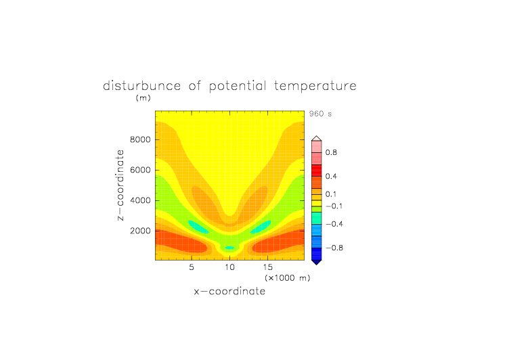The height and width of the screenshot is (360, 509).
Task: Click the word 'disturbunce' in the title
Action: pyautogui.click(x=142, y=86)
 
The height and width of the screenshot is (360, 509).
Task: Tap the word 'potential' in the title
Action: pyautogui.click(x=238, y=87)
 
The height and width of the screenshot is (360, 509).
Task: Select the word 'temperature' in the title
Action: pyautogui.click(x=315, y=87)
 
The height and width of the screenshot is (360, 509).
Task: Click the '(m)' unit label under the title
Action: pyautogui.click(x=143, y=97)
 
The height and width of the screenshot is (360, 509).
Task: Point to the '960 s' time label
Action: pyautogui.click(x=320, y=114)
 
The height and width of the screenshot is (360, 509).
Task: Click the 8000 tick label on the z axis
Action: pyautogui.click(x=140, y=139)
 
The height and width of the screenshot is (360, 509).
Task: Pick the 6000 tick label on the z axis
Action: pyautogui.click(x=140, y=170)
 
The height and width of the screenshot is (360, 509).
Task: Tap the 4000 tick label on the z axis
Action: pyautogui.click(x=140, y=200)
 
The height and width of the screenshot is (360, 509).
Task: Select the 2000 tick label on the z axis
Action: pyautogui.click(x=140, y=231)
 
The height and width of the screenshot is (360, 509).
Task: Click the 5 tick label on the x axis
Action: pyautogui.click(x=192, y=267)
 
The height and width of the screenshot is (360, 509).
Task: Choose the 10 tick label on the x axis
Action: pyautogui.click(x=230, y=267)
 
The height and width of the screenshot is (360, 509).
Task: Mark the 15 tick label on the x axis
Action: pyautogui.click(x=268, y=267)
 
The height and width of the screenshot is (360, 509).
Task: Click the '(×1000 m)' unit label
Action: pyautogui.click(x=288, y=278)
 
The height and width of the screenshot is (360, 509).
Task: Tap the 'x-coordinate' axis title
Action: pyautogui.click(x=229, y=291)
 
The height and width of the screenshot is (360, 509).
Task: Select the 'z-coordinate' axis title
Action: pyautogui.click(x=120, y=185)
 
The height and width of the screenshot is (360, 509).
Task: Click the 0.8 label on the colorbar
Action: pyautogui.click(x=331, y=152)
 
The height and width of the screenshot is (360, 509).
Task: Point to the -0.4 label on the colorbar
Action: pyautogui.click(x=334, y=224)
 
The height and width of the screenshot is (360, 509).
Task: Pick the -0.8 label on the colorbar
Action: pyautogui.click(x=334, y=248)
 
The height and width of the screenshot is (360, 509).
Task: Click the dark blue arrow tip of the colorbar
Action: pyautogui.click(x=317, y=264)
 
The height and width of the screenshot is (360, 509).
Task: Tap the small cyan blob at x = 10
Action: pyautogui.click(x=230, y=248)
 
